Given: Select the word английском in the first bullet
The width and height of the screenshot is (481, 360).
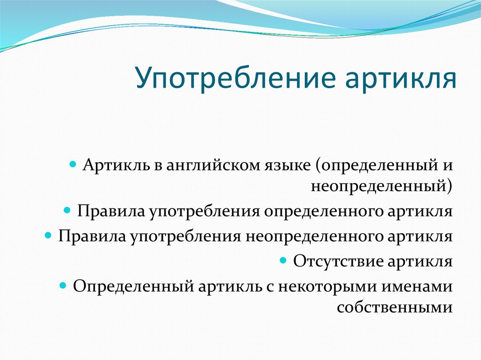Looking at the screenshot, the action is (x=214, y=166).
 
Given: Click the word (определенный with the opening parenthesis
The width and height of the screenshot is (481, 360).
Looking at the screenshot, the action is (x=371, y=166).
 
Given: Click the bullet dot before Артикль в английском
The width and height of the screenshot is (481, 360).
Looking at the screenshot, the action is (x=73, y=165).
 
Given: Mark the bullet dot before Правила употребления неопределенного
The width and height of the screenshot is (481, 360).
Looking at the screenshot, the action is (x=48, y=236).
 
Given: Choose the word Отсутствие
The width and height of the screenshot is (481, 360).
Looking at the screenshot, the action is (x=338, y=261).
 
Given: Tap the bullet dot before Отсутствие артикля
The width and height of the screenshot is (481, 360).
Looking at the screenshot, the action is (x=283, y=260).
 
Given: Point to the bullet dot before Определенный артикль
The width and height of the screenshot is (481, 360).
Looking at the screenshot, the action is (x=63, y=286).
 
